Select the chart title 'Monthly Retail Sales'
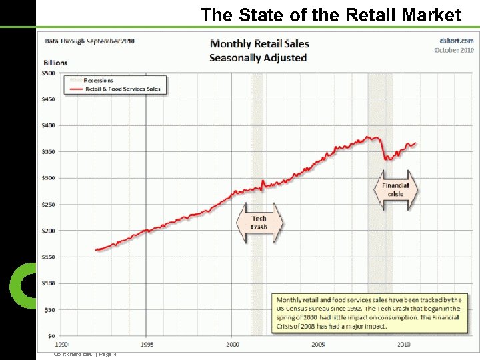(x=259, y=44)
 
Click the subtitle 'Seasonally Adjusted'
(x=258, y=58)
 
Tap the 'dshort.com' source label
(x=456, y=41)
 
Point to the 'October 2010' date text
(x=454, y=50)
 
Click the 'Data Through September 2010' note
(x=89, y=41)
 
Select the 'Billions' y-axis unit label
(x=56, y=63)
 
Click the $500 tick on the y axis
(x=50, y=73)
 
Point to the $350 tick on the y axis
(x=50, y=152)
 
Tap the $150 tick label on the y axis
(x=50, y=257)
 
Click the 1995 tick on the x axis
(x=147, y=344)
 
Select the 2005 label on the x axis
(x=318, y=344)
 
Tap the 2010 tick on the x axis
(x=403, y=344)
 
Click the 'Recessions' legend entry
(x=98, y=80)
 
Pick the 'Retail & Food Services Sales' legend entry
(x=122, y=89)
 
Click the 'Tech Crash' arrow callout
(x=259, y=223)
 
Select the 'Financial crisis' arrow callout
(x=395, y=189)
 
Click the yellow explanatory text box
(x=369, y=313)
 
